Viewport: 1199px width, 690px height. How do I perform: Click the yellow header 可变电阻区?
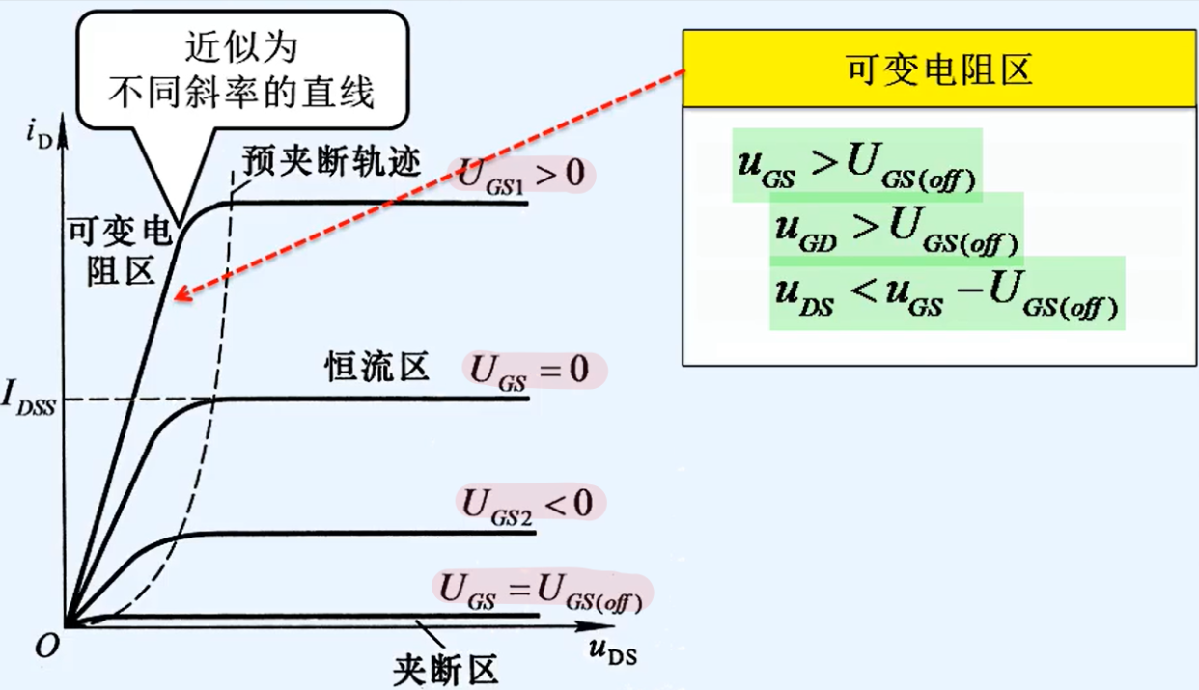pyautogui.click(x=938, y=69)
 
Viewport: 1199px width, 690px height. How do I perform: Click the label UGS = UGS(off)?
pyautogui.click(x=541, y=590)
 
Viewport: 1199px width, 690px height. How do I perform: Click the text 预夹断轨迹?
pyautogui.click(x=332, y=162)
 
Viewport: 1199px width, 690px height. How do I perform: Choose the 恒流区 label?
pyautogui.click(x=376, y=368)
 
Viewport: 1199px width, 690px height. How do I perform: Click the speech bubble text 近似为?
pyautogui.click(x=240, y=46)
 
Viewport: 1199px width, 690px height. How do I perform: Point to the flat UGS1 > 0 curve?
pyautogui.click(x=386, y=203)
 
